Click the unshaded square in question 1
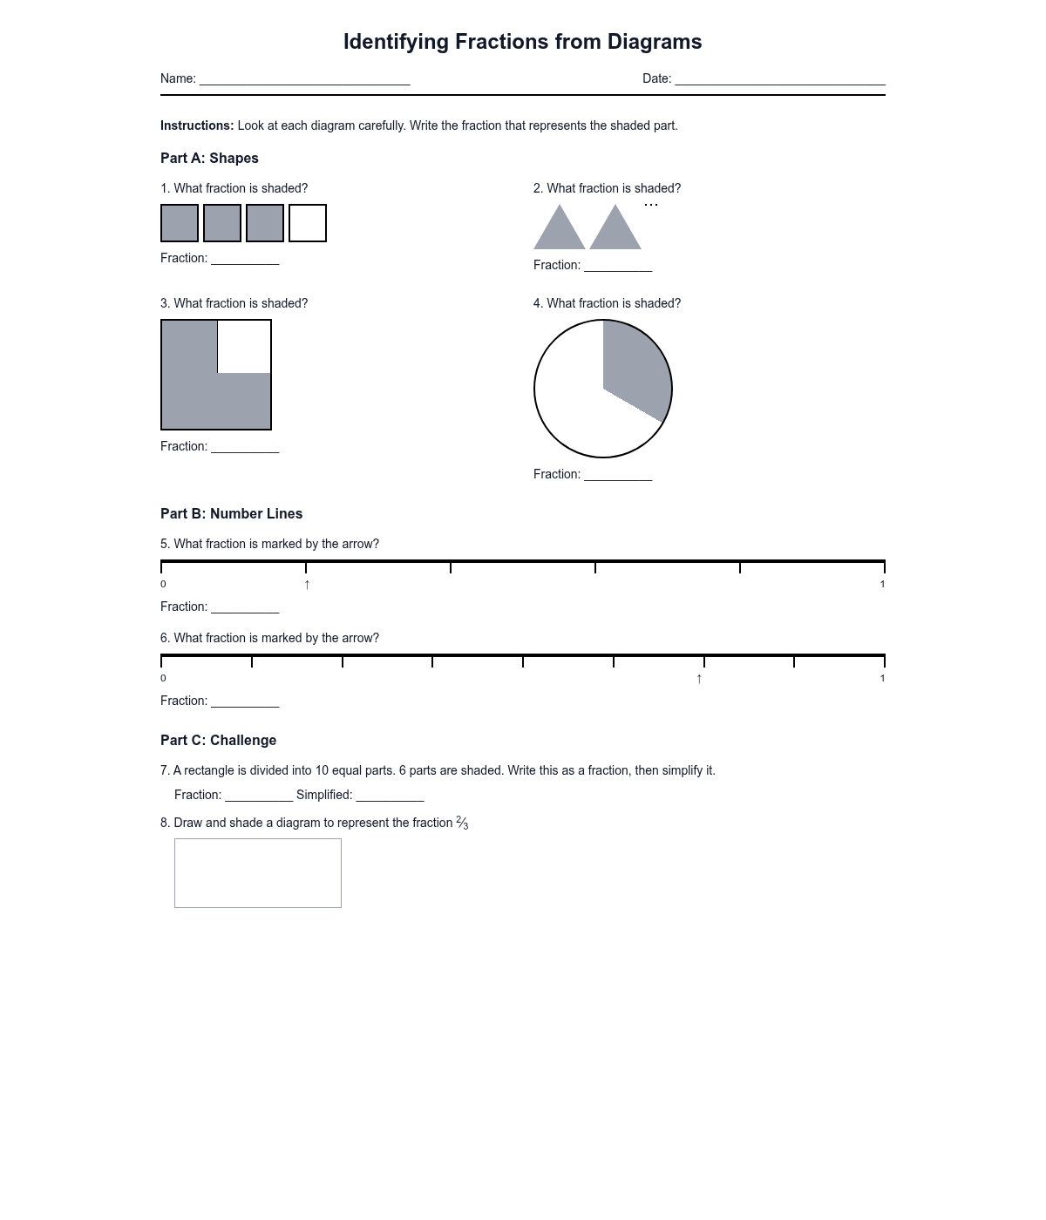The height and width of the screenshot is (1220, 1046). click(308, 223)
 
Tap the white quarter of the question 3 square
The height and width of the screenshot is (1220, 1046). click(244, 346)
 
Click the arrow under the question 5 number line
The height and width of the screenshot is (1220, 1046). click(307, 585)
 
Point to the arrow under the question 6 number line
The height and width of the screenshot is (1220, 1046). click(699, 679)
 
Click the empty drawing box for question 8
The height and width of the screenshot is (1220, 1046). click(258, 872)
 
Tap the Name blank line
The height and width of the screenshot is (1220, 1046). click(305, 80)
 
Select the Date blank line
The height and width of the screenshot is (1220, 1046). click(780, 80)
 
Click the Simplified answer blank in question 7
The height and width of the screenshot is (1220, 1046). click(390, 796)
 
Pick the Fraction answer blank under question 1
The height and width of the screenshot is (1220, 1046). click(245, 260)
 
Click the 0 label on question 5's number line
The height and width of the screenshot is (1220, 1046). click(163, 585)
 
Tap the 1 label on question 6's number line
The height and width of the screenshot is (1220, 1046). click(882, 679)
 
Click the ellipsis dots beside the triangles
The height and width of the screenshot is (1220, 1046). click(651, 205)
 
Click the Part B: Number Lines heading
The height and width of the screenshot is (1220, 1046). click(231, 514)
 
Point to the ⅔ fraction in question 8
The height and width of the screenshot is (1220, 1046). click(462, 823)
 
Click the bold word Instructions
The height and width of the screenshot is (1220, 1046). click(197, 125)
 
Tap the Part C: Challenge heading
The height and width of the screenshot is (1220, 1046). click(218, 741)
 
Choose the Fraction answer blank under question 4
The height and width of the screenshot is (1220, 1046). click(618, 476)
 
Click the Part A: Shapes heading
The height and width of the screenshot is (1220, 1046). click(209, 159)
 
